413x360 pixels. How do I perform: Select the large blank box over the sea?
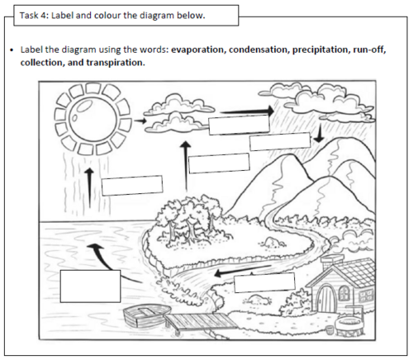pos(90,286)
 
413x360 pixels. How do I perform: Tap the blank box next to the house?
pos(264,282)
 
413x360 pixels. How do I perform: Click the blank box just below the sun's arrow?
pos(131,185)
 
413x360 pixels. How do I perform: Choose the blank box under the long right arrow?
pos(239,126)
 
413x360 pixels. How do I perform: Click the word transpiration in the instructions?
pos(111,62)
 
